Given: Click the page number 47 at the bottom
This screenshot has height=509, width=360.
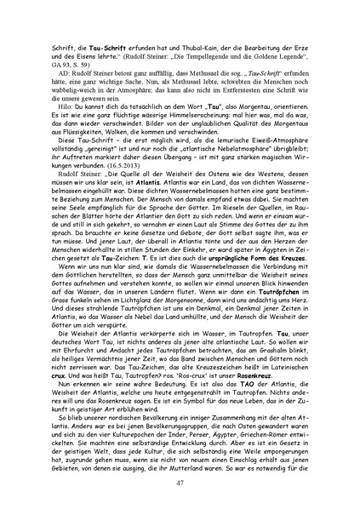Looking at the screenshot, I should pyautogui.click(x=180, y=483).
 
